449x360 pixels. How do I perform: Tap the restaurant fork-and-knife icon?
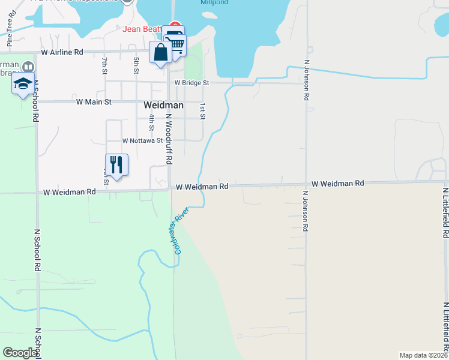pos(116,165)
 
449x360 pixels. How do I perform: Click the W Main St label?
pos(94,102)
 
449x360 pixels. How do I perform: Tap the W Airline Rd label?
pos(62,52)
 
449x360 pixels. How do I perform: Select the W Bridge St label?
pos(191,83)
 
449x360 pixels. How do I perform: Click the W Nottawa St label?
pos(142,140)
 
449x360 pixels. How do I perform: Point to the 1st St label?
pos(203,110)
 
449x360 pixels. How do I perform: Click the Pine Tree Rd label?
pos(10,36)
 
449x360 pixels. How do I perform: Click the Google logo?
pos(20,353)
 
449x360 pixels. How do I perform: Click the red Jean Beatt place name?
pos(142,29)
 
